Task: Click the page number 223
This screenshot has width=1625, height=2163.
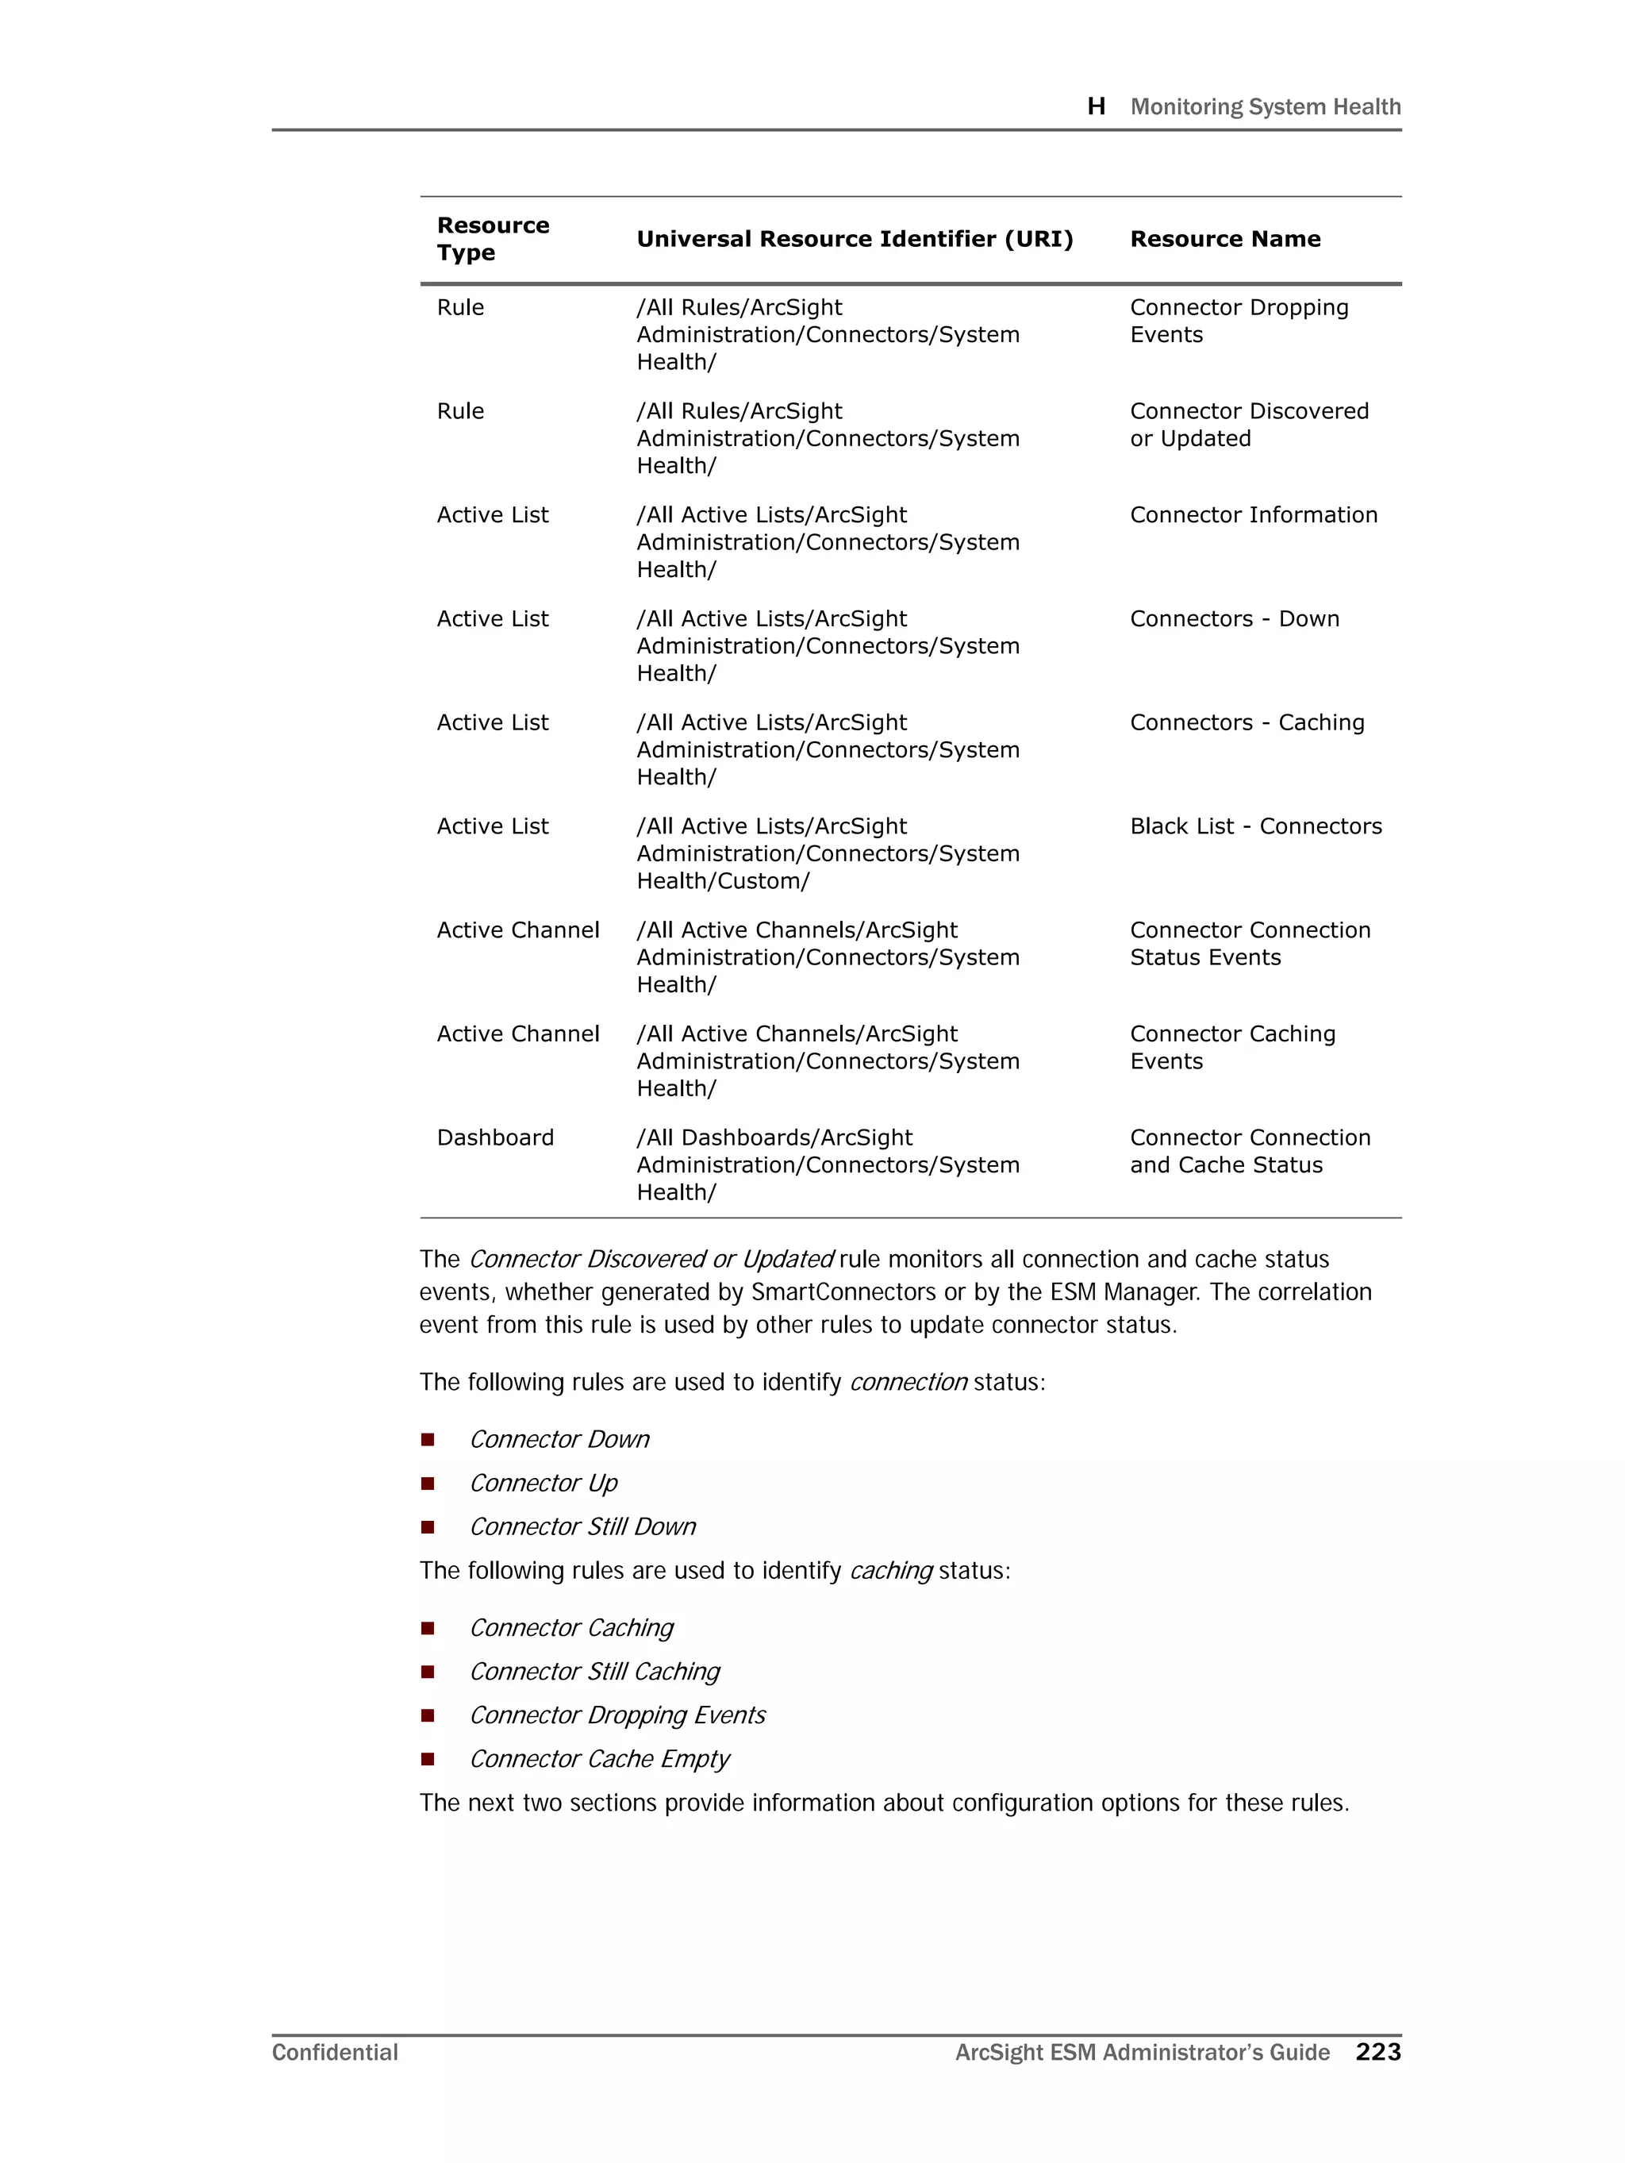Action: pyautogui.click(x=1377, y=2052)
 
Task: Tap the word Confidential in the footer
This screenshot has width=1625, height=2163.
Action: pyautogui.click(x=334, y=2053)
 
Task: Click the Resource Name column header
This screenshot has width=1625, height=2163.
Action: pyautogui.click(x=1224, y=240)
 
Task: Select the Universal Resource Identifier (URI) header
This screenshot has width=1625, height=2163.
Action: pyautogui.click(x=854, y=240)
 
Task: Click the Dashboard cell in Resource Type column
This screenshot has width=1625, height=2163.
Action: pyautogui.click(x=495, y=1137)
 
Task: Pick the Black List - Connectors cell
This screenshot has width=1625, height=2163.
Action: pyautogui.click(x=1255, y=826)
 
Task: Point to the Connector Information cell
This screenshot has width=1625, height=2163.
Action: pyautogui.click(x=1253, y=515)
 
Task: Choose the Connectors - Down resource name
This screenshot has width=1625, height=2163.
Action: pyautogui.click(x=1234, y=619)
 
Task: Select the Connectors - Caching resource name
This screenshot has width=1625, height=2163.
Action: pyautogui.click(x=1247, y=722)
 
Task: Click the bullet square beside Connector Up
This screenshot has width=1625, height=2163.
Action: pyautogui.click(x=427, y=1484)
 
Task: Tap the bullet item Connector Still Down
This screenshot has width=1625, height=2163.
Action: pyautogui.click(x=582, y=1526)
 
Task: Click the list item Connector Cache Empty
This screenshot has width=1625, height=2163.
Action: pyautogui.click(x=599, y=1759)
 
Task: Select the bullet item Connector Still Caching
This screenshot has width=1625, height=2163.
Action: pyautogui.click(x=594, y=1671)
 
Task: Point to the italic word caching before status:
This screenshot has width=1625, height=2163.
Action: pyautogui.click(x=891, y=1570)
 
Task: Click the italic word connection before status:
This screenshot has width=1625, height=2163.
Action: pyautogui.click(x=909, y=1382)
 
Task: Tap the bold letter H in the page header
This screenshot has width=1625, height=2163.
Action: pyautogui.click(x=1096, y=106)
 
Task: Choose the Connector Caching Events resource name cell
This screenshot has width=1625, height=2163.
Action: pyautogui.click(x=1232, y=1047)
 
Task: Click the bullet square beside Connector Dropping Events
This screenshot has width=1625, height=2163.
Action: pyautogui.click(x=427, y=1715)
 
